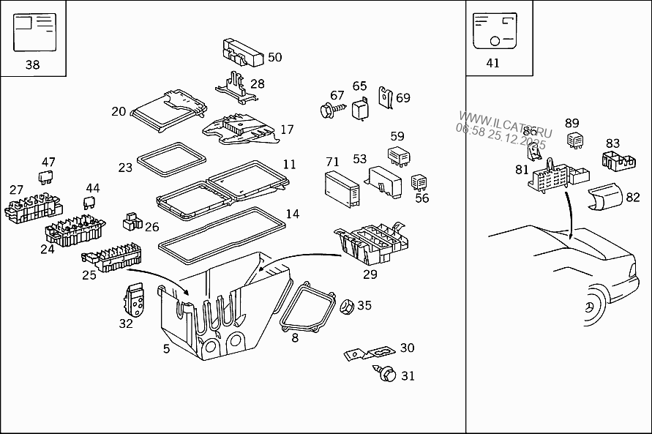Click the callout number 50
(274, 57)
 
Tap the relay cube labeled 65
(360, 108)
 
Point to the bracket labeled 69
(385, 98)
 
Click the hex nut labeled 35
(346, 305)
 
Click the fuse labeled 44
(91, 204)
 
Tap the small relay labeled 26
(132, 220)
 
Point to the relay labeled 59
(397, 155)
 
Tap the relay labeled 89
(575, 138)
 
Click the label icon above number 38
(34, 33)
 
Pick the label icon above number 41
(492, 31)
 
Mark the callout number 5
(166, 349)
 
